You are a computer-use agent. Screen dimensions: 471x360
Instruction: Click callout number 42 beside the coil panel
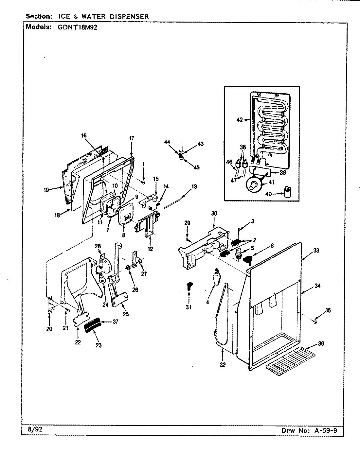240,120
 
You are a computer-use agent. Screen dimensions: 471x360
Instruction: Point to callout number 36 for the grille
321,344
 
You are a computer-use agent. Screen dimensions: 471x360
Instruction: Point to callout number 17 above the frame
131,138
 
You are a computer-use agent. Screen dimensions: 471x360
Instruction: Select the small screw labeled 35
315,322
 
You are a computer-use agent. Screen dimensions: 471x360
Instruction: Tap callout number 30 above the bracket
214,213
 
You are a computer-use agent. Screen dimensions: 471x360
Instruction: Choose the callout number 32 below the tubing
223,365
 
